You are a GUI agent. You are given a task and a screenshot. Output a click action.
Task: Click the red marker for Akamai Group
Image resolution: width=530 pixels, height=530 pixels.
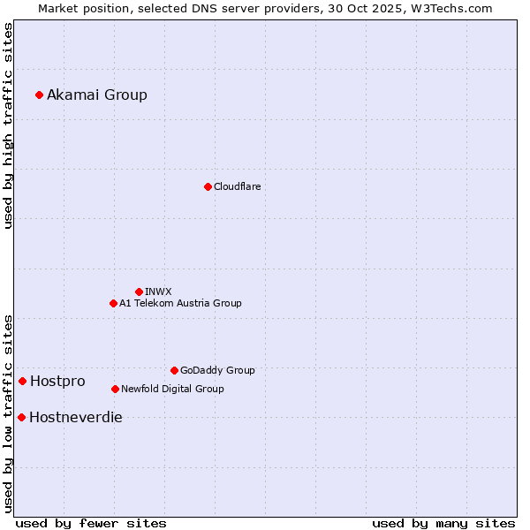click(x=39, y=95)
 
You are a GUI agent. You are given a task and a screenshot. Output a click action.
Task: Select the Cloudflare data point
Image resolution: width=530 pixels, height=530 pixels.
click(x=208, y=186)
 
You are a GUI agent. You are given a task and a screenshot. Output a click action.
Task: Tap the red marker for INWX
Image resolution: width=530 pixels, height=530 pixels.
click(x=139, y=291)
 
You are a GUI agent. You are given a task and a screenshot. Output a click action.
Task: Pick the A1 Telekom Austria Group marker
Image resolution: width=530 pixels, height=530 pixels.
click(x=113, y=303)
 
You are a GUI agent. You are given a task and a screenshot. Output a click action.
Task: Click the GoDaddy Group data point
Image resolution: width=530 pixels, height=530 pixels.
click(x=174, y=370)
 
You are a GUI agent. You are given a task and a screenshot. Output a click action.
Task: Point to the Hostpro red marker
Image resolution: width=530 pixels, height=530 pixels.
click(x=22, y=381)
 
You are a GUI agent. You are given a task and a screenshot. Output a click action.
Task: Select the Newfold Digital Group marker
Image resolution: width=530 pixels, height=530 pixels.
click(x=115, y=389)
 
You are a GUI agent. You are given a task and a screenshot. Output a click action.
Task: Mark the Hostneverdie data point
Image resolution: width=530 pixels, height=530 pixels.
click(x=21, y=417)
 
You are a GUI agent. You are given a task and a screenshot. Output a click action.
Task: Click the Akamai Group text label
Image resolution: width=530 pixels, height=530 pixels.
click(x=97, y=95)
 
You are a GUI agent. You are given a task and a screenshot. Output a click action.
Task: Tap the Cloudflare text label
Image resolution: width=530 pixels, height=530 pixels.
click(x=238, y=186)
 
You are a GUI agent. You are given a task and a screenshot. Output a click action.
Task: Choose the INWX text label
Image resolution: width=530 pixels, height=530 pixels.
click(x=158, y=291)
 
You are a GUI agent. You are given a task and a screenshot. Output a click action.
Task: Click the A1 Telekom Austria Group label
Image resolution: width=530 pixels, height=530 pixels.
click(x=180, y=303)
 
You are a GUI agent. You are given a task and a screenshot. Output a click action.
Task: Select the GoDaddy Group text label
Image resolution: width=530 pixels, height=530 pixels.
click(x=217, y=370)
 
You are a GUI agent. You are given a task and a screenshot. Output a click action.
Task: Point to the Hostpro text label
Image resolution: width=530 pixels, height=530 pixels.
click(x=57, y=381)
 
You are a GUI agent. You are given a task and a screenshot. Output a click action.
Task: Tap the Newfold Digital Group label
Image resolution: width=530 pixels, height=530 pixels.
click(x=172, y=389)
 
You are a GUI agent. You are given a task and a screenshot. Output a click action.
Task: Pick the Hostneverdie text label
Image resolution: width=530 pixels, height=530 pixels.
click(x=76, y=417)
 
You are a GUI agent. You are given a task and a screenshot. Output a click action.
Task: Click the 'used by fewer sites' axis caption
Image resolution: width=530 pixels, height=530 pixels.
click(x=91, y=523)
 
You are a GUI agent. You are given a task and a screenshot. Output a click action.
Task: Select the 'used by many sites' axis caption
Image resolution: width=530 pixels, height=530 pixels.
click(x=443, y=523)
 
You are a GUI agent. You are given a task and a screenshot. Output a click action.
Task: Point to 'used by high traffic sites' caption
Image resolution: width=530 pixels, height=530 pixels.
click(x=8, y=125)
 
